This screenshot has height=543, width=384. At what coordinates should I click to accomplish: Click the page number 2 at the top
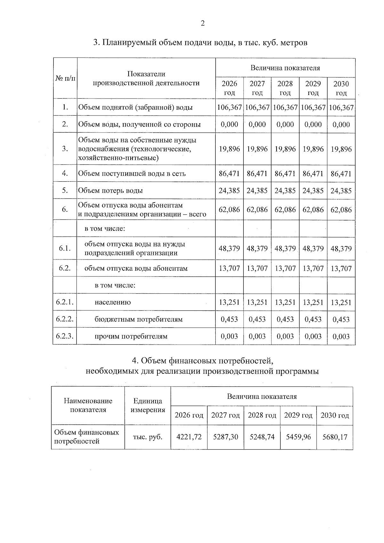202,23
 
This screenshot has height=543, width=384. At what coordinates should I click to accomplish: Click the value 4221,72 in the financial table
189,437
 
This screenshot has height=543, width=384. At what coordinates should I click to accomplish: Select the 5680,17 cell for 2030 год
335,437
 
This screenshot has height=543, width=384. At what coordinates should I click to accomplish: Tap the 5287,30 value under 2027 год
226,437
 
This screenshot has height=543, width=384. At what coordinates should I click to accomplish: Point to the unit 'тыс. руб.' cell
148,437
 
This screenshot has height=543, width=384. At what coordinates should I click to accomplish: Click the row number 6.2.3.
65,336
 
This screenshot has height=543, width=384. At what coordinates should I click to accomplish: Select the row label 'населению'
113,302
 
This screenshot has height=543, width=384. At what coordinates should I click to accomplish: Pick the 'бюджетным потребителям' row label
139,319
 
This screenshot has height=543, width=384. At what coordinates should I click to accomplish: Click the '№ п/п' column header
65,78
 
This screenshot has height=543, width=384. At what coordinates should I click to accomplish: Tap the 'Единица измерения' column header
148,405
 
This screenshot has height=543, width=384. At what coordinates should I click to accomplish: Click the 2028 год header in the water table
285,88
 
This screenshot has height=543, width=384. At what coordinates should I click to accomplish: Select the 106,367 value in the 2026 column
229,108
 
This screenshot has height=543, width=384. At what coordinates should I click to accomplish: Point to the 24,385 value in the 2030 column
341,191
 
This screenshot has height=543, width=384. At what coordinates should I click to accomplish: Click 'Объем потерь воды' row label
111,191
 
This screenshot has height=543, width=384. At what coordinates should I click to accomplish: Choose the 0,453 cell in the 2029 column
313,319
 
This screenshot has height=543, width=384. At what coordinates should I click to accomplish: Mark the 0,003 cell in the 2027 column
257,336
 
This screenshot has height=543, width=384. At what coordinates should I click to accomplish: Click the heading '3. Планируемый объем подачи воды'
200,43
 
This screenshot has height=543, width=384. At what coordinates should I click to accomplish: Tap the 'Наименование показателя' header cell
88,405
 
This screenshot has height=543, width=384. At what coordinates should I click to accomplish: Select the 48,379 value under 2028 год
285,249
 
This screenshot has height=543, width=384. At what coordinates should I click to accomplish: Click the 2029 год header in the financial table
298,415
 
